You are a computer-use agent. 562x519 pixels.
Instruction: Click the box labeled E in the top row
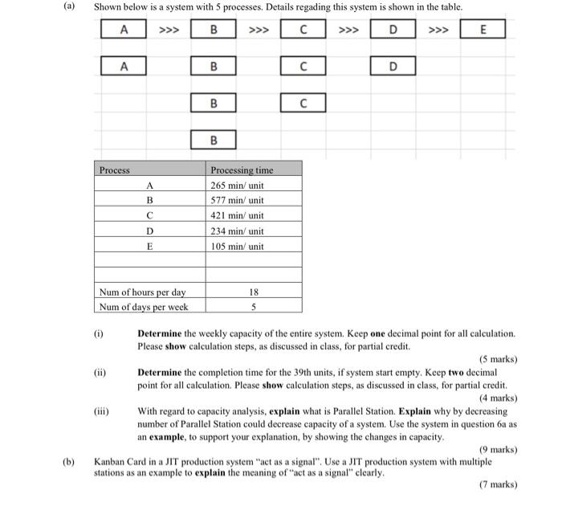[x=483, y=30]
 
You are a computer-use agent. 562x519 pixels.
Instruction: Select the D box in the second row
[x=393, y=67]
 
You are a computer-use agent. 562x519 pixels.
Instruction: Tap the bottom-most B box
[x=214, y=141]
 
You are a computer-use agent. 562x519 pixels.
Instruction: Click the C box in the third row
[x=303, y=104]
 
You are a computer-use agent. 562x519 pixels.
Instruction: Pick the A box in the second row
[x=123, y=67]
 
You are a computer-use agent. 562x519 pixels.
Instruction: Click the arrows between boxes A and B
[x=169, y=31]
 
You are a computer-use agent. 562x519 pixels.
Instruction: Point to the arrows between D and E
[x=438, y=31]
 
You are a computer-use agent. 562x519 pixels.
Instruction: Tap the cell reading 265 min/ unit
[x=237, y=186]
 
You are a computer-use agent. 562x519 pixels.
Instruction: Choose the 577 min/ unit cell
[x=237, y=201]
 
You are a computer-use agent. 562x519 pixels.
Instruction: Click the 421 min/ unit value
[x=237, y=216]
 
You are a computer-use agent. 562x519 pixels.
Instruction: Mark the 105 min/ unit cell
[x=237, y=247]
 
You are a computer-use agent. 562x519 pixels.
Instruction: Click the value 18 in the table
[x=253, y=292]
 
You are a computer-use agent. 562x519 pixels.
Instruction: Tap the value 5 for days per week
[x=253, y=307]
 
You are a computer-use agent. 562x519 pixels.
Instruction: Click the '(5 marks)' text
[x=498, y=359]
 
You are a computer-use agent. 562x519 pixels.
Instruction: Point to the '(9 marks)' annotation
[x=498, y=450]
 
